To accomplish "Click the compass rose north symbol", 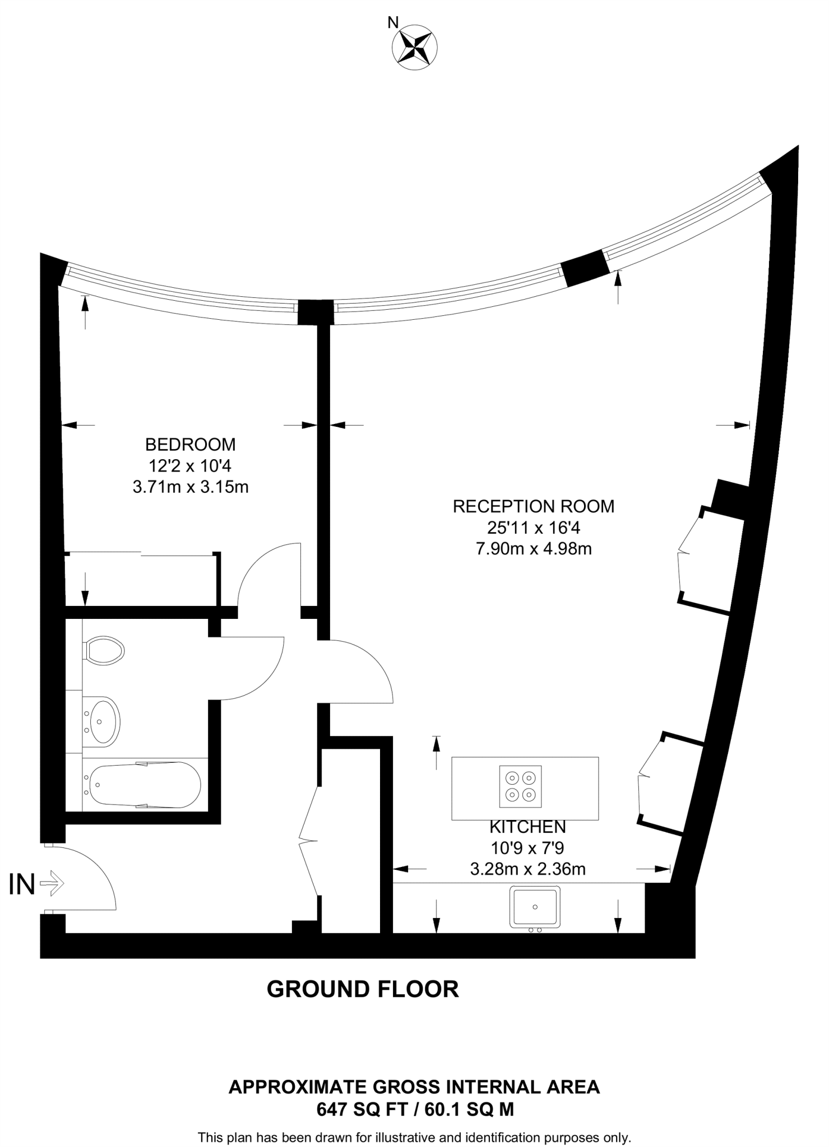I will pos(415,49).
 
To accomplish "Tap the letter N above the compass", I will pos(393,22).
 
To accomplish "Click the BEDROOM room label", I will pos(190,445).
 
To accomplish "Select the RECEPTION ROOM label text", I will pos(533,506).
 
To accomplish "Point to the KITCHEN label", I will pos(527,827).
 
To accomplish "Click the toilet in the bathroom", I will pos(104,651).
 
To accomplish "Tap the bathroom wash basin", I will pos(102,722).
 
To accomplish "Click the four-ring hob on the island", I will pos(521,786).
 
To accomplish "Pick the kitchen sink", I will pos(535,907).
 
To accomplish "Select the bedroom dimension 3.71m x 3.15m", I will pos(190,487).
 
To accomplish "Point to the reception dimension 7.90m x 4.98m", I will pos(533,549).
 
